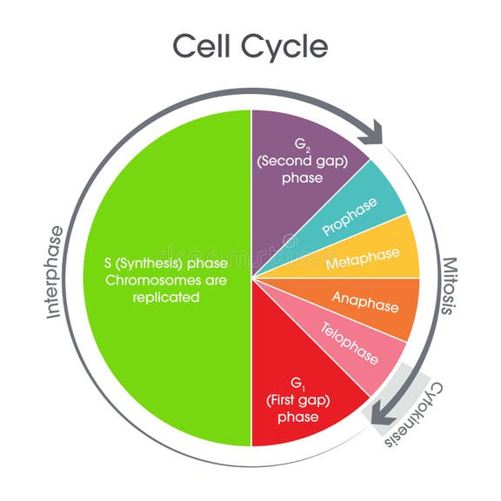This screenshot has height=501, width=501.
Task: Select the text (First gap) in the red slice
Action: coord(298,400)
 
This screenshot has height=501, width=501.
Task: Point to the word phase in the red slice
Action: coord(298,417)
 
